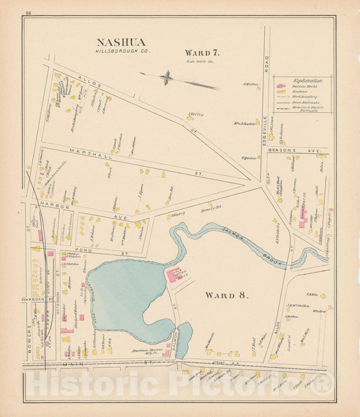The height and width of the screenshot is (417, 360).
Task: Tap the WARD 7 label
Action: (x=202, y=52)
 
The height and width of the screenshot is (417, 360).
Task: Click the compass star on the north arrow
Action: (x=165, y=78)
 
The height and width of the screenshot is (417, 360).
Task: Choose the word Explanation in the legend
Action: (x=307, y=80)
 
